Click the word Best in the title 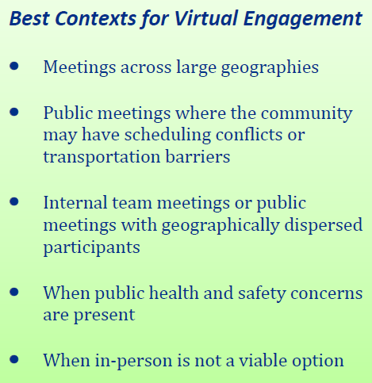coord(29,18)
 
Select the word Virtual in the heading coord(206,18)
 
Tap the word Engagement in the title coord(303,19)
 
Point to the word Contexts coord(95,18)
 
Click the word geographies coord(270,68)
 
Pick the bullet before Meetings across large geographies coord(14,66)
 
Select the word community coord(307,114)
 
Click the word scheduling coord(167,136)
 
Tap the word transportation coord(102,158)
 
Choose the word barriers coord(198,156)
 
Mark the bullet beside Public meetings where coord(14,112)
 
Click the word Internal coord(75,203)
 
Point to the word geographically coord(221,226)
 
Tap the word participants coord(91,248)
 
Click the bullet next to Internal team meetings coord(14,201)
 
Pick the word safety coord(262,294)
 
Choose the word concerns coord(327,294)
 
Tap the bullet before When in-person coord(14,359)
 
